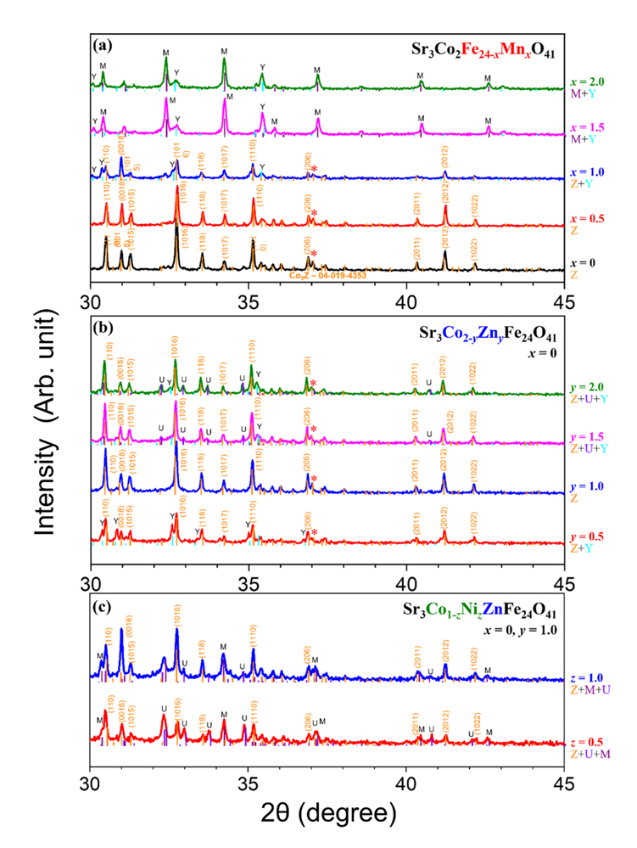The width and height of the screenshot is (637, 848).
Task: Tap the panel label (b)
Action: (x=103, y=316)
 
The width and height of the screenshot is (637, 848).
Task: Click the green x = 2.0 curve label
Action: (x=589, y=82)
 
